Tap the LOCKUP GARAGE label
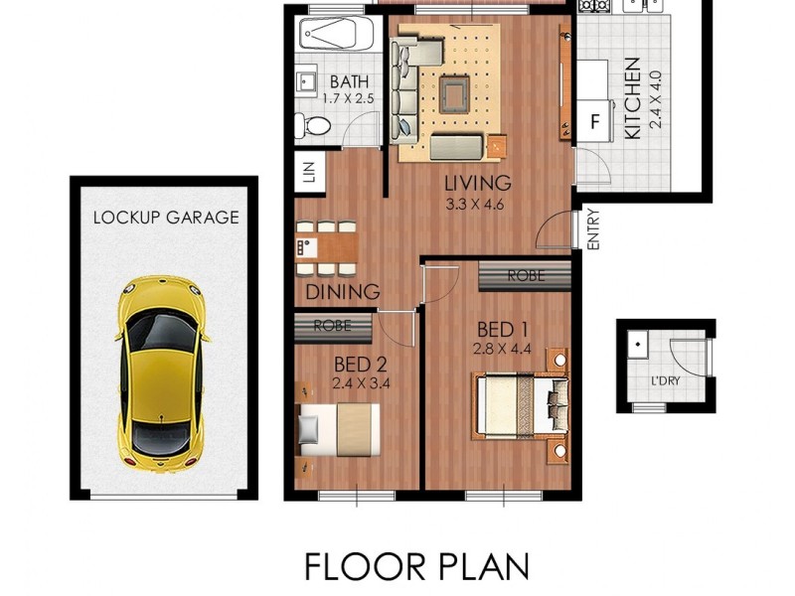tap(166, 218)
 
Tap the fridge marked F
tap(595, 123)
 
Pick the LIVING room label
tap(477, 184)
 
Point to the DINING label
tap(343, 292)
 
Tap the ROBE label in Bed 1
tap(525, 275)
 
